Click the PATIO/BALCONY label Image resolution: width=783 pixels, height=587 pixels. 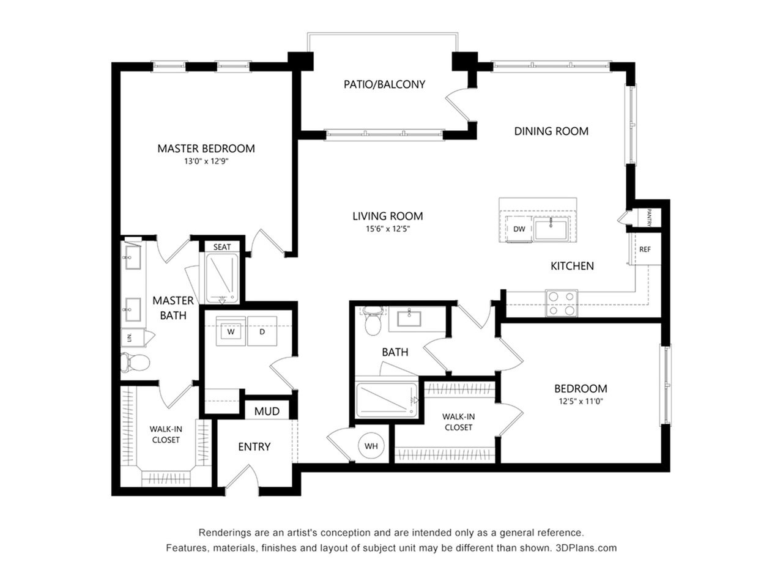pos(384,84)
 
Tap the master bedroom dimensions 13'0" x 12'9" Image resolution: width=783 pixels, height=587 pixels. pos(206,161)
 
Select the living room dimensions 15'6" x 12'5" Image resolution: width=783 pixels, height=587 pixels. pos(388,229)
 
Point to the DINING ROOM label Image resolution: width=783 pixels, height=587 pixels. pos(551,131)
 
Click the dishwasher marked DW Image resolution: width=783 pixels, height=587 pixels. pos(519,229)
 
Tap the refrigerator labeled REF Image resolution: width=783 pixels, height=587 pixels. pos(645,249)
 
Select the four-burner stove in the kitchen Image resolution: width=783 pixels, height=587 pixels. pos(562,303)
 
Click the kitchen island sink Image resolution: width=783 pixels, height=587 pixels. pos(551,230)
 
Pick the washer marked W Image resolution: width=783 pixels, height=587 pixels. pos(231,331)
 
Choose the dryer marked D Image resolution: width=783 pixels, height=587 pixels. pos(262,331)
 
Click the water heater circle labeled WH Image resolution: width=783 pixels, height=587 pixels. pos(371,446)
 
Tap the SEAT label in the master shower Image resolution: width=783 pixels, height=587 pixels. pos(222,247)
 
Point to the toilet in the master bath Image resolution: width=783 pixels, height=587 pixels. pos(135,363)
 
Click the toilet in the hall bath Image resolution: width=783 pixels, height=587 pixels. pos(373,321)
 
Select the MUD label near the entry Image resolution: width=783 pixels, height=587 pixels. pos(267,412)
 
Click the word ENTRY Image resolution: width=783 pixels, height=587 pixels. pos(254,446)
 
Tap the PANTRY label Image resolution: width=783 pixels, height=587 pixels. pos(649,218)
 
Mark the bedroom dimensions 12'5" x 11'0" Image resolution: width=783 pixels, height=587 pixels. pos(581,401)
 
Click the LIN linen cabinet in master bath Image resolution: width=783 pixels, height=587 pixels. pos(129,338)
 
